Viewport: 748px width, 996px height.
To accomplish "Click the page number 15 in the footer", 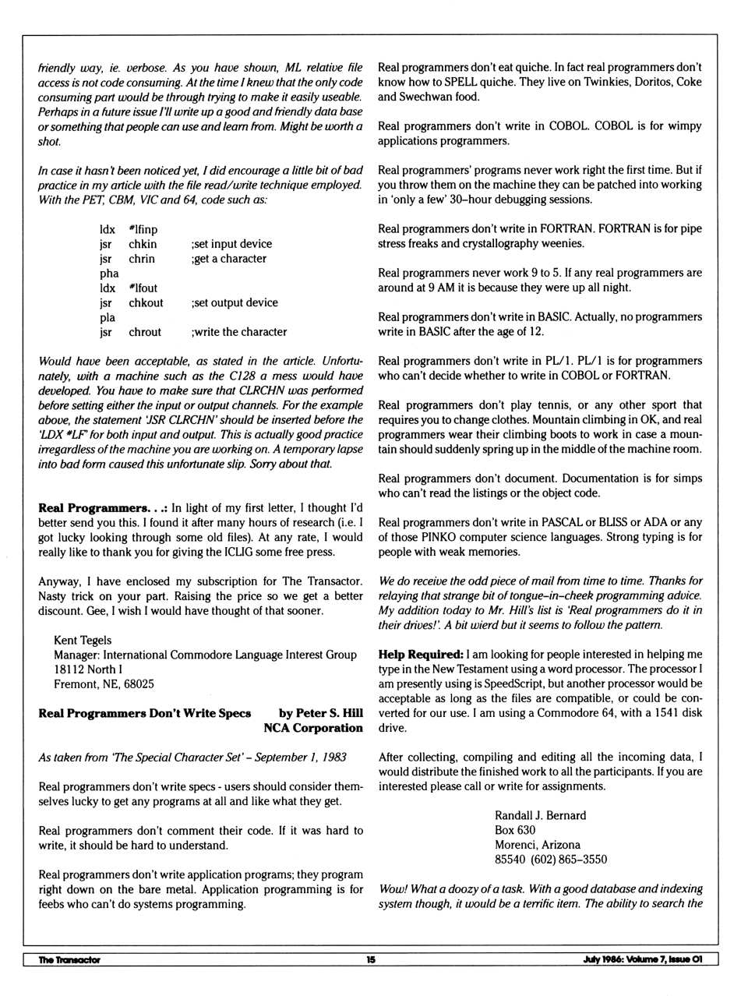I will [371, 959].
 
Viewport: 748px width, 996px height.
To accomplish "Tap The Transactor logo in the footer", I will [69, 959].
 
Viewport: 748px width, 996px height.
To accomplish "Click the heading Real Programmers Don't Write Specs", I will [145, 713].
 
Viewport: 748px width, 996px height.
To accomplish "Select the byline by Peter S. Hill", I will [321, 713].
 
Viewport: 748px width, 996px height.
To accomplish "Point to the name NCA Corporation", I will [313, 728].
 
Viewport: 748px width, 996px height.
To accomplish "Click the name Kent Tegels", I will [83, 640].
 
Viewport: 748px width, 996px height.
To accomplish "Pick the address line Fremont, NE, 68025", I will [104, 684].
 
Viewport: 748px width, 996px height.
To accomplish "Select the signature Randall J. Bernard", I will [541, 815].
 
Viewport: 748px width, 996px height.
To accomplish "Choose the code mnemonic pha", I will [109, 274].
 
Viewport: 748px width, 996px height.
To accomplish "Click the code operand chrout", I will [145, 332].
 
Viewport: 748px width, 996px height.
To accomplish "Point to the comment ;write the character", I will [239, 332].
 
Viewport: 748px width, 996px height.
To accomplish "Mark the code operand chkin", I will [143, 244].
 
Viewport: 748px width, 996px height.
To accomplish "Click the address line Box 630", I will [515, 830].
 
